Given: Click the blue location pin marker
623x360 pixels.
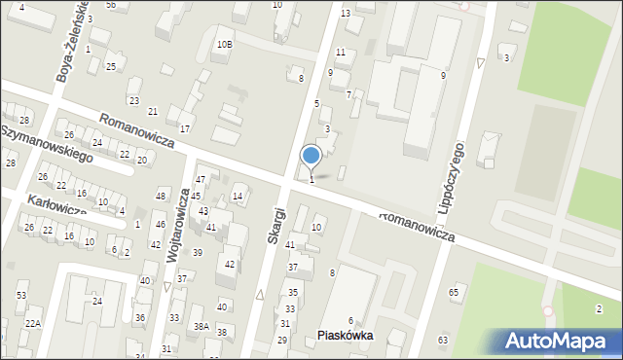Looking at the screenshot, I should click(x=311, y=155).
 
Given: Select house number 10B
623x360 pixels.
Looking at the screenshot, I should click(x=225, y=44).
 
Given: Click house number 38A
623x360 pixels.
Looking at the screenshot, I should click(x=201, y=327).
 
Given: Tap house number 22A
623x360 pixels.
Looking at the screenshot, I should click(x=33, y=323).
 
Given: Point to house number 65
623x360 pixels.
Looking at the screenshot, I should click(x=454, y=292).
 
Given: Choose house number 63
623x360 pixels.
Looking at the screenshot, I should click(x=443, y=340).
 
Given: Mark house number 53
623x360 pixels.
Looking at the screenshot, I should click(x=20, y=295).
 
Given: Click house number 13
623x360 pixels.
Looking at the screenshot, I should click(x=346, y=13).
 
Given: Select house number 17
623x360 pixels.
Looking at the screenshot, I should click(x=184, y=128).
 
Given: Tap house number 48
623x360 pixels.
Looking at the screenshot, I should click(x=162, y=197).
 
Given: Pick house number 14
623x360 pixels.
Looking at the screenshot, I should click(x=238, y=197).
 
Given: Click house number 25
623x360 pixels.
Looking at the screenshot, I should click(x=111, y=65).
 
